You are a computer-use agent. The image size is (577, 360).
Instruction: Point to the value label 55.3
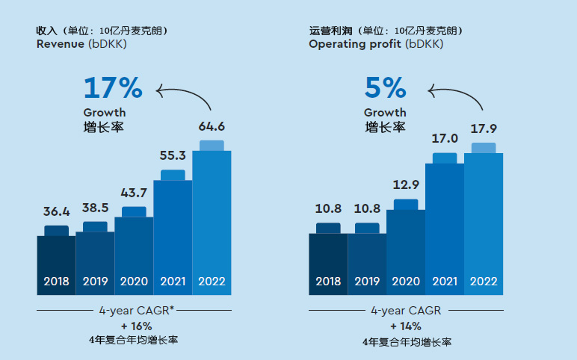(173, 155)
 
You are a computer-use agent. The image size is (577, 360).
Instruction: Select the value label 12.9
(406, 184)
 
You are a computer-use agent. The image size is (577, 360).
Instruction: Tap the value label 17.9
(484, 128)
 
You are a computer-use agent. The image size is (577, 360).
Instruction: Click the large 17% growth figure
(113, 88)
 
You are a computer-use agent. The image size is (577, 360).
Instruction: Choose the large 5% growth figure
(386, 88)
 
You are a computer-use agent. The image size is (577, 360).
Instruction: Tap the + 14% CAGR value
(405, 326)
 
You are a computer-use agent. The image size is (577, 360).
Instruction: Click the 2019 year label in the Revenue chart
(95, 282)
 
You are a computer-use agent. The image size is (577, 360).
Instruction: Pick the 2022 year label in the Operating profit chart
(484, 282)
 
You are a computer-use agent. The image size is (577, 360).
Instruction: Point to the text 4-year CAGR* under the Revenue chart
(136, 310)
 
